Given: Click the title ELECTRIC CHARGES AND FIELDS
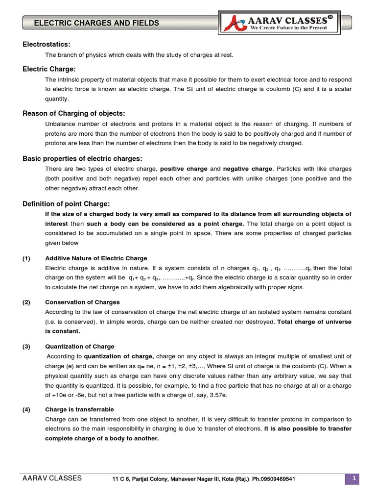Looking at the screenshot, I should [96, 23].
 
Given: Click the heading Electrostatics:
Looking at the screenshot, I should [47, 45].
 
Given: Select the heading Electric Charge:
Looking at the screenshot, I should [49, 69].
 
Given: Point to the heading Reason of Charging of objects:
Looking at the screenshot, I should [74, 113].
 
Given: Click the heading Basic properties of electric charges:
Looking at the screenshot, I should [82, 158].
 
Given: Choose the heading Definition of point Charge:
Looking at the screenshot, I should [66, 203].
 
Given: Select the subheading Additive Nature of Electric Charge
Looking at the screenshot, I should [96, 258].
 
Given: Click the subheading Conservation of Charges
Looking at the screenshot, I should [82, 302].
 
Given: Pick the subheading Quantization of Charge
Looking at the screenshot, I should [80, 347].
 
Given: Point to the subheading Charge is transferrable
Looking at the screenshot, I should [79, 409].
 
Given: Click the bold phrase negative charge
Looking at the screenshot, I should [247, 169].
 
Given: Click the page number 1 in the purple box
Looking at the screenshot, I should [352, 478].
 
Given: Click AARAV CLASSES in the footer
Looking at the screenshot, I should [52, 478].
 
